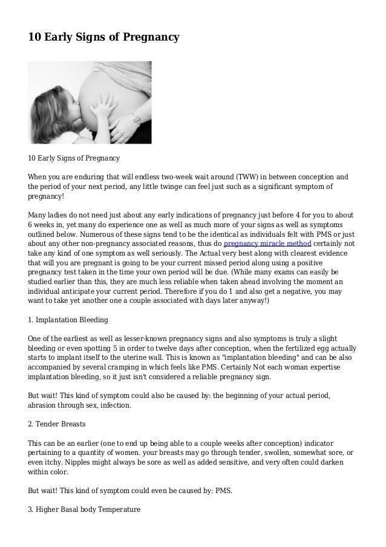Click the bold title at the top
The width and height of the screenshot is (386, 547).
[x=103, y=38]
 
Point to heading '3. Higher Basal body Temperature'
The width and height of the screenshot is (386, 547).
[x=84, y=510]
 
